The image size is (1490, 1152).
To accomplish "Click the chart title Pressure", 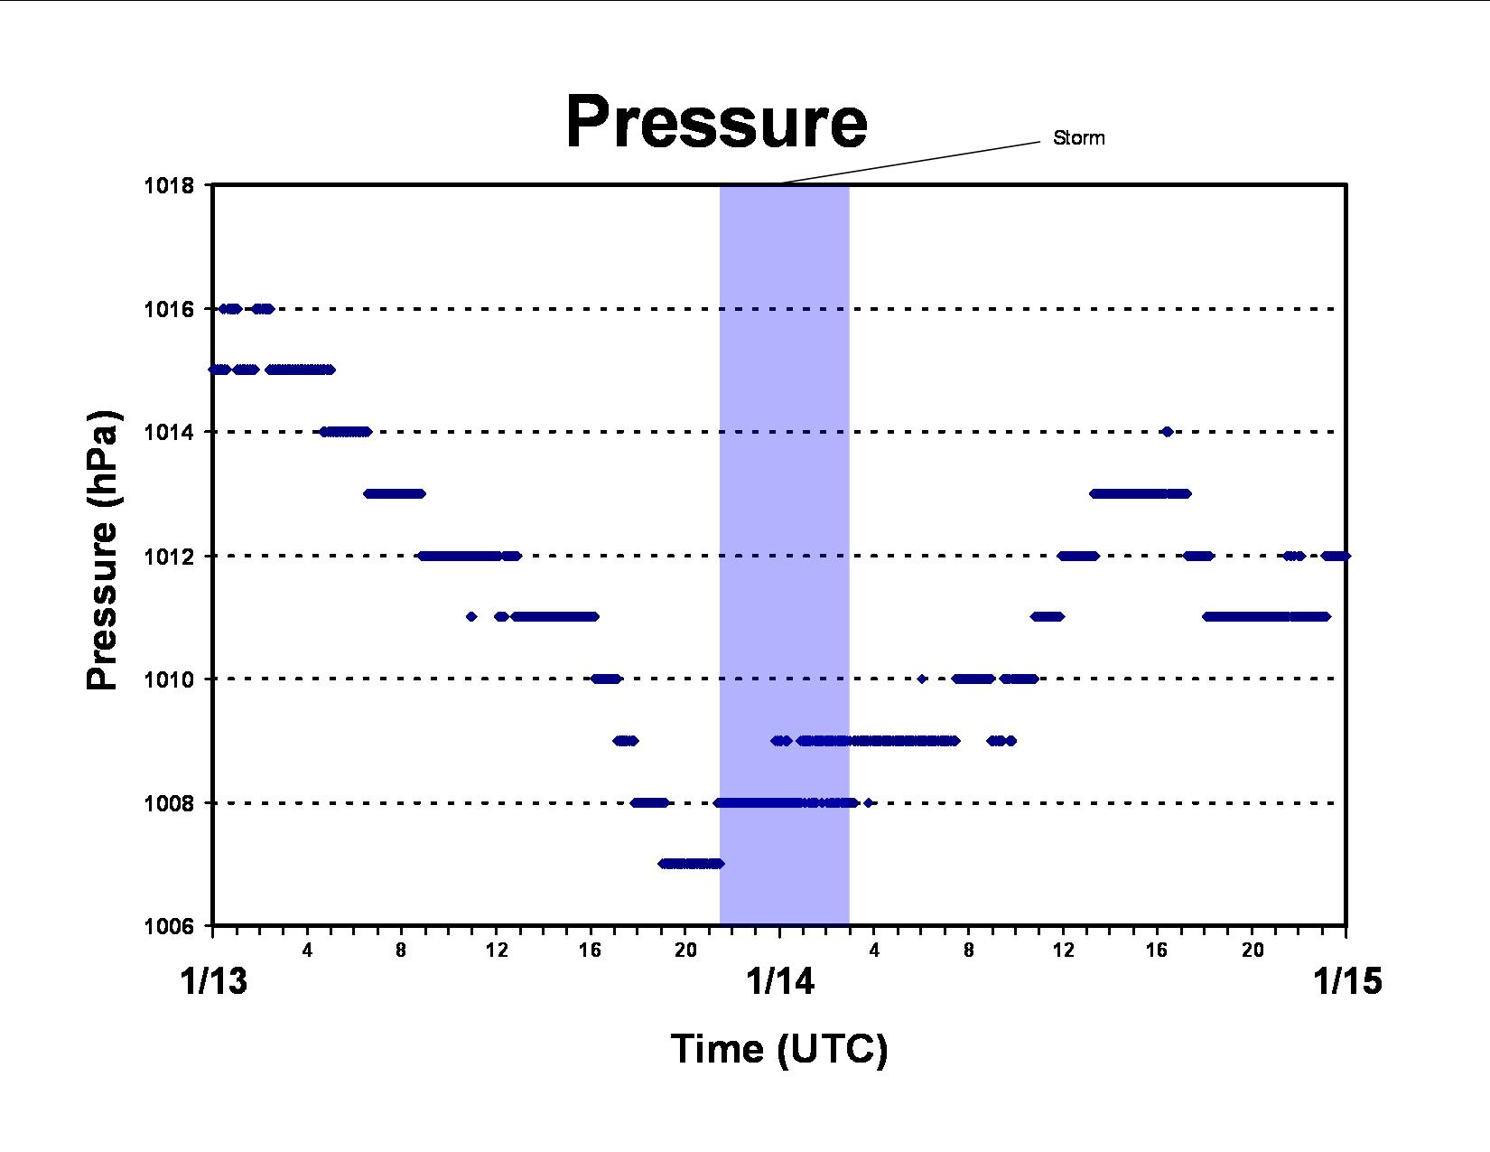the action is [716, 122].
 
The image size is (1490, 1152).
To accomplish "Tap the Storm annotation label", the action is [1078, 138].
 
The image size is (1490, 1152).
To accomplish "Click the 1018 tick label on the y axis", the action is [169, 185].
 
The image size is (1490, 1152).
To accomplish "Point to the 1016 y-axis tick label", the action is [169, 309].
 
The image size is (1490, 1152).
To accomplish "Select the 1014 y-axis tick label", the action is [169, 432].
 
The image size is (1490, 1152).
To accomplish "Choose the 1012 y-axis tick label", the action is [169, 556].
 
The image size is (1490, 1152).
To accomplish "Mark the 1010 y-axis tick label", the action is [169, 679].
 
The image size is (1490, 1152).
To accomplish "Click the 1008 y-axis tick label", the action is [169, 802].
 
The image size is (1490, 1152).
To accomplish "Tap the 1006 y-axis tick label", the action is [169, 926].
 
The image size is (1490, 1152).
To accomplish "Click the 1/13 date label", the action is [213, 980].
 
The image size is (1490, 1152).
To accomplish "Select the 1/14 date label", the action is [779, 980].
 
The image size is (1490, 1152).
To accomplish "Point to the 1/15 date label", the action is [1347, 980].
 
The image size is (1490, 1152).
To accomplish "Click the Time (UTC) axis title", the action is [779, 1049].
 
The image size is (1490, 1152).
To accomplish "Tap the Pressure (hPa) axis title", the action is [103, 549].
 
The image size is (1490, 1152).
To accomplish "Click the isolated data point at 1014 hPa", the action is [1168, 432].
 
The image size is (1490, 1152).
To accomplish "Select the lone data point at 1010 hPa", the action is [922, 679].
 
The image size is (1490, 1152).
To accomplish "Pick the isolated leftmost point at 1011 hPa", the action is [471, 616].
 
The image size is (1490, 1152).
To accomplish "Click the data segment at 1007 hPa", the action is [691, 863].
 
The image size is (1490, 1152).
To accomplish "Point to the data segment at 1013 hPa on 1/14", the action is [1140, 493].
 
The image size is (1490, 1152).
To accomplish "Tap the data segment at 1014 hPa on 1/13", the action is [346, 432].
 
